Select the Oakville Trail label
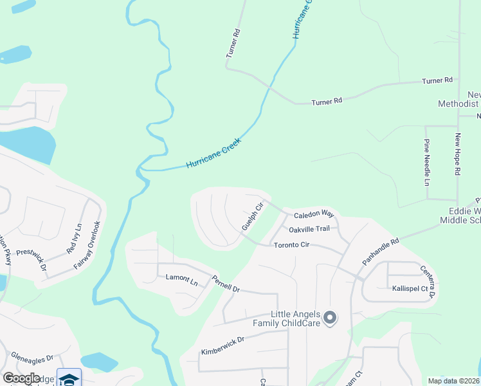pos(309,229)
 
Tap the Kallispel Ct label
pos(410,289)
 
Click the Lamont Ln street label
pos(181,279)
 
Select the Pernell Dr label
pos(226,284)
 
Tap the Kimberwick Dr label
pos(222,346)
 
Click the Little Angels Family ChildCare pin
pos(330,318)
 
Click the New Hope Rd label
pos(458,154)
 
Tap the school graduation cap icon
pos(69,378)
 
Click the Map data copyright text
pos(453,381)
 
